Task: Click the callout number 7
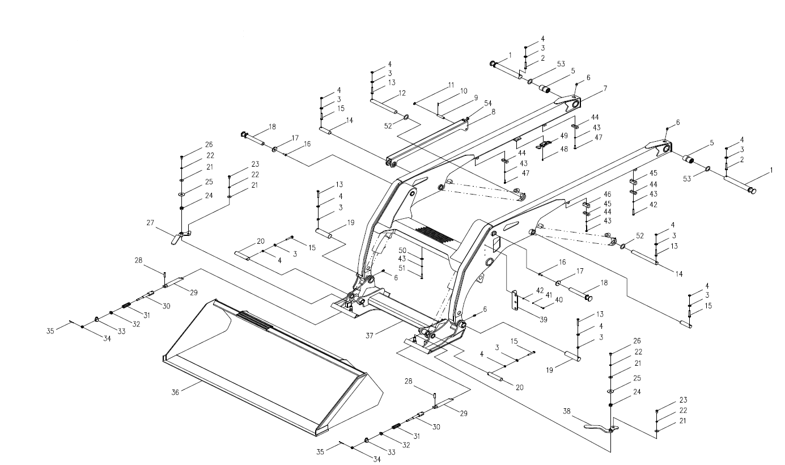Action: [605, 88]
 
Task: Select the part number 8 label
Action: [493, 112]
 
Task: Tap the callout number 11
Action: [451, 84]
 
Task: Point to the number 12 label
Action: [402, 92]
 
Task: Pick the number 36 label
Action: [175, 391]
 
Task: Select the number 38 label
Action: [567, 411]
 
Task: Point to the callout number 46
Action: [607, 194]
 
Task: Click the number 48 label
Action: [563, 150]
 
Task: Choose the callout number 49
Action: [563, 136]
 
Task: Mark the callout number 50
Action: [402, 250]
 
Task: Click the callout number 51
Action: [402, 268]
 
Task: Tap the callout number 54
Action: [487, 103]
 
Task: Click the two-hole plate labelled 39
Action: [515, 301]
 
